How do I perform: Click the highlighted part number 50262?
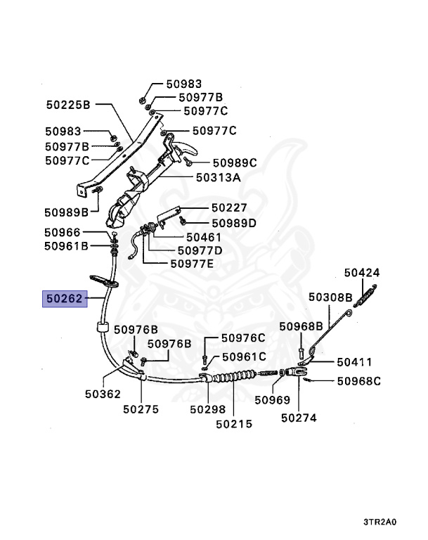pos(63,300)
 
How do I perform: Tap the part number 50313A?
pos(218,178)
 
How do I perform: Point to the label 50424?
pos(361,272)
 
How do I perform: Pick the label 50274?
pos(298,418)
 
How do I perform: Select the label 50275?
pos(141,409)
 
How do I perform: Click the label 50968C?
pos(358,381)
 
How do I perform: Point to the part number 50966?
pos(62,232)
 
